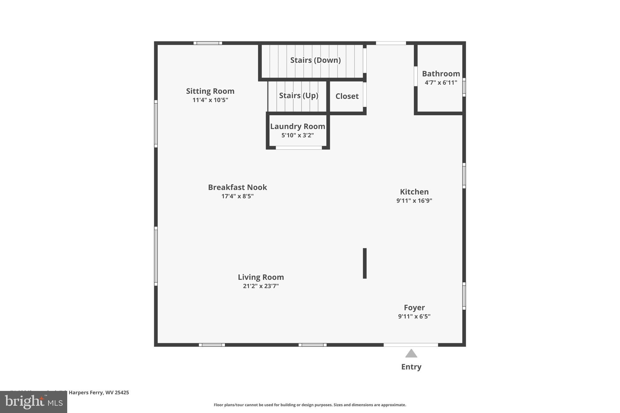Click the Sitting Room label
click(x=210, y=91)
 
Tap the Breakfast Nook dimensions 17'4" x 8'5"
click(x=237, y=196)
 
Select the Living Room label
click(x=261, y=277)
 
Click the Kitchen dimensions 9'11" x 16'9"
click(x=414, y=201)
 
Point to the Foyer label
click(x=414, y=308)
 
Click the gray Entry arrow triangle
click(x=411, y=353)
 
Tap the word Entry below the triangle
click(x=411, y=367)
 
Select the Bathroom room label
click(x=441, y=74)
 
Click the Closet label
click(x=347, y=96)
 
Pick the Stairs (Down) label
click(x=315, y=60)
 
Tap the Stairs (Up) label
click(x=298, y=96)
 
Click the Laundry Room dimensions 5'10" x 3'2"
click(x=298, y=135)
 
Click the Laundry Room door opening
click(x=298, y=148)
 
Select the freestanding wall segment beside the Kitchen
click(x=365, y=263)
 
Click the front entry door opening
click(x=411, y=345)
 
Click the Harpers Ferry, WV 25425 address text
click(x=99, y=392)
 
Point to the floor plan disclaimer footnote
click(x=310, y=405)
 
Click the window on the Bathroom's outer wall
click(x=464, y=87)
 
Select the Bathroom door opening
click(x=416, y=76)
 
